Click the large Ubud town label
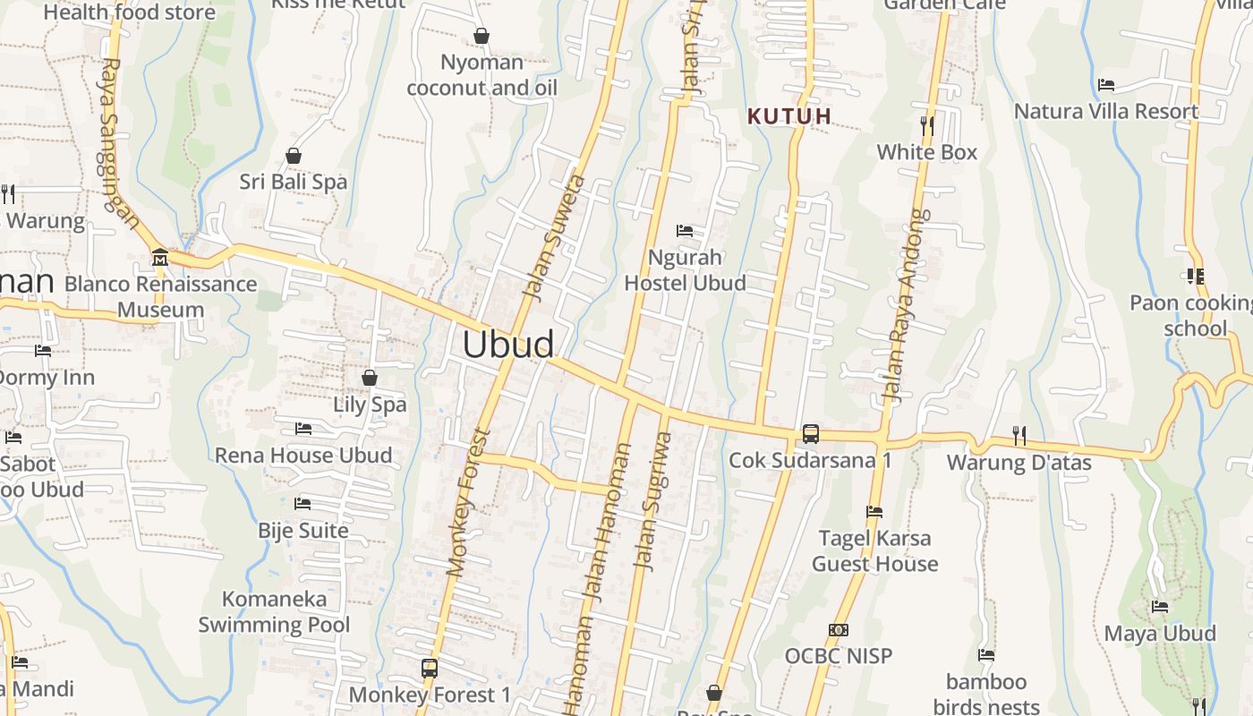click(x=507, y=345)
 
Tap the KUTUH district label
click(x=789, y=116)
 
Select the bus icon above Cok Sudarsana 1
click(x=810, y=434)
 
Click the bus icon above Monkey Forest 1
click(x=430, y=668)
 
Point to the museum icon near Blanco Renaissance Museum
click(x=160, y=258)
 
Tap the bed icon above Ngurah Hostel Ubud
click(x=685, y=231)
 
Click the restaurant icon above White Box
click(x=927, y=126)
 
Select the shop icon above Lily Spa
click(x=369, y=378)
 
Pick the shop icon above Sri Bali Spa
click(x=293, y=156)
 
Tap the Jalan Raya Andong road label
click(x=907, y=306)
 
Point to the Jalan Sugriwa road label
click(x=652, y=501)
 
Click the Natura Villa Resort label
click(x=1106, y=112)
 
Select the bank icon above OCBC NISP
click(x=839, y=630)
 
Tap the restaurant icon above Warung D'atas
click(x=1019, y=436)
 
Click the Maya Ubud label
click(x=1160, y=634)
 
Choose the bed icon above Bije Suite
click(x=303, y=504)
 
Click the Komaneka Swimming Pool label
click(x=274, y=611)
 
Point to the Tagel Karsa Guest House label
click(x=874, y=550)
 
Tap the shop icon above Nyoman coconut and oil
click(x=482, y=36)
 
